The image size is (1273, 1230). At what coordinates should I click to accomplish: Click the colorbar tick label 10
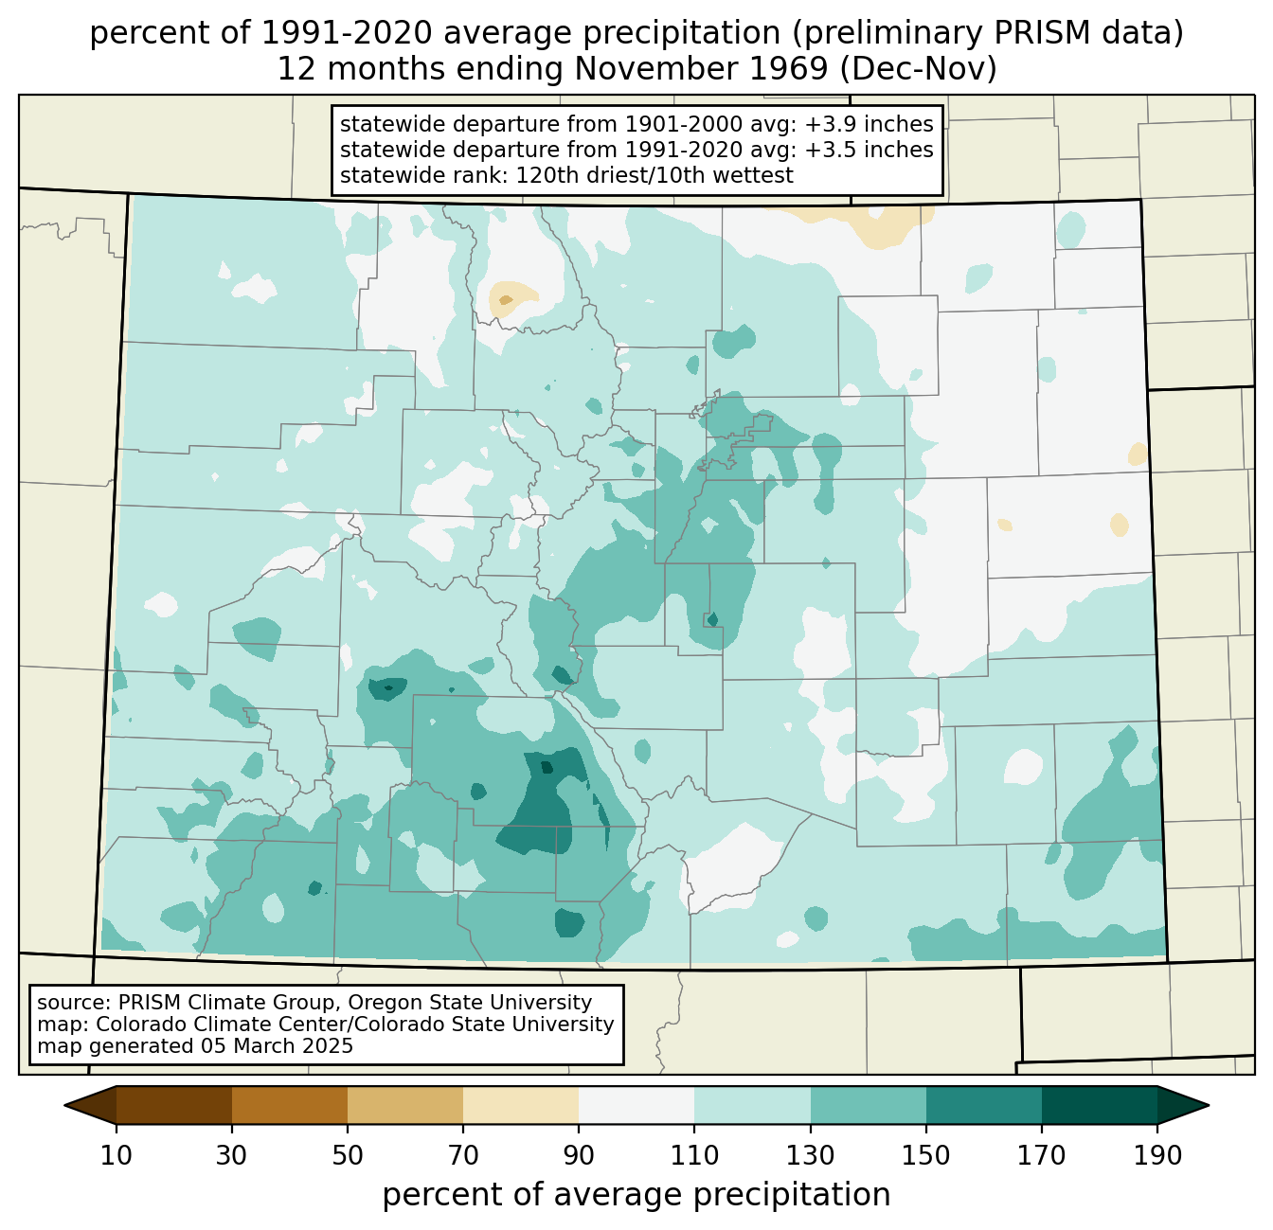116,1155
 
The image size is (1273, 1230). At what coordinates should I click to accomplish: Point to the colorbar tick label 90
579,1155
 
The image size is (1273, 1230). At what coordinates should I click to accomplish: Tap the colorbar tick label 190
1156,1155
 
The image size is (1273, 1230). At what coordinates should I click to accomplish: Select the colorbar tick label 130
810,1155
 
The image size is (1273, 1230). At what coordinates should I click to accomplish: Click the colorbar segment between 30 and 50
289,1105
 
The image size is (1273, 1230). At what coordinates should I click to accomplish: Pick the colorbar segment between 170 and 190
1099,1105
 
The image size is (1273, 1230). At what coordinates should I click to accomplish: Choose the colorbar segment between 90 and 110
636,1105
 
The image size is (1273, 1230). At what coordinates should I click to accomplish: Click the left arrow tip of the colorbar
64,1105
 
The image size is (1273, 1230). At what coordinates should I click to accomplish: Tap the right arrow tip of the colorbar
1209,1105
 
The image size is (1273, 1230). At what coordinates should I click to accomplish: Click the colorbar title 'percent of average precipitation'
636,1195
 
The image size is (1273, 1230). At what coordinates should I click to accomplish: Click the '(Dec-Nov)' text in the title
918,69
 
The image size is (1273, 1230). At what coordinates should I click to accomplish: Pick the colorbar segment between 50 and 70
405,1105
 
